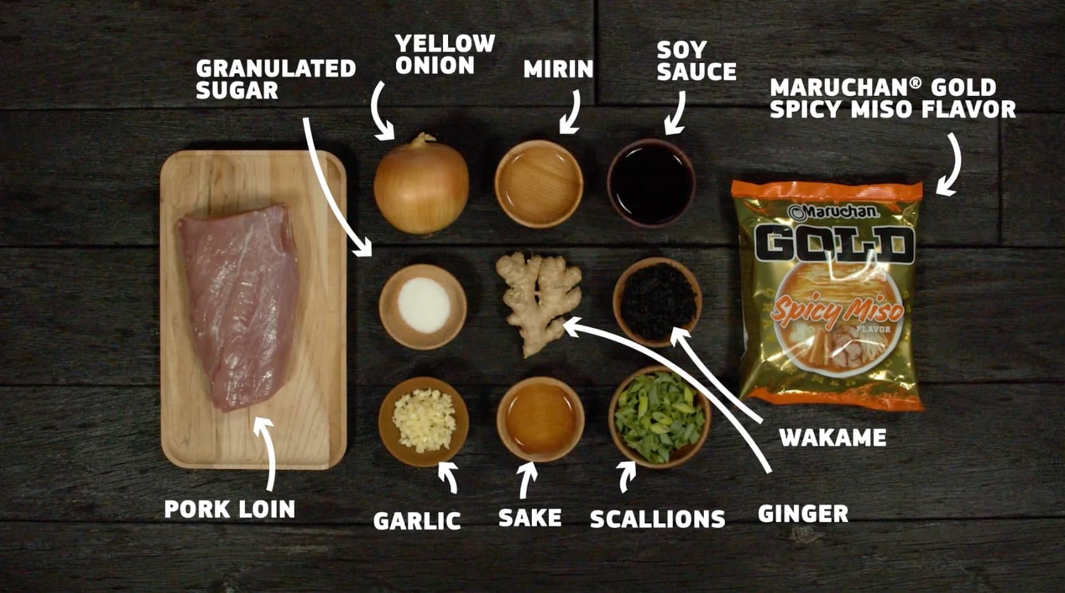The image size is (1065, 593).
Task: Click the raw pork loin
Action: click(x=240, y=307)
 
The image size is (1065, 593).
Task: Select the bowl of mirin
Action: click(x=539, y=183)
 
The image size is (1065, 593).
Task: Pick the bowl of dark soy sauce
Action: click(x=651, y=183)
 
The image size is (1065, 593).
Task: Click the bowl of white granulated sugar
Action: click(x=423, y=306)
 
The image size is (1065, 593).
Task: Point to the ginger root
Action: click(x=539, y=302)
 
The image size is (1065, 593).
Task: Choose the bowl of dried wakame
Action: click(x=657, y=302)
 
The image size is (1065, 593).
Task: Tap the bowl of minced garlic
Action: click(x=423, y=422)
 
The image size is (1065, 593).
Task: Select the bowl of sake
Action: click(x=541, y=419)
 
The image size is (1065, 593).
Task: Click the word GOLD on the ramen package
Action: click(x=835, y=245)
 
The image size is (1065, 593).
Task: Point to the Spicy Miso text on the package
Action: click(x=837, y=310)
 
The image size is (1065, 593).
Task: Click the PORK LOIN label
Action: click(x=230, y=509)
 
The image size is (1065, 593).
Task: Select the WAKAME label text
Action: click(x=833, y=437)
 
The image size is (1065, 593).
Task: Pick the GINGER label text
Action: click(x=803, y=514)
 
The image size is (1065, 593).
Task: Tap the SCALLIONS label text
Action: click(x=658, y=519)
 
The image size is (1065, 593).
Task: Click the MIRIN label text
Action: click(x=559, y=69)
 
